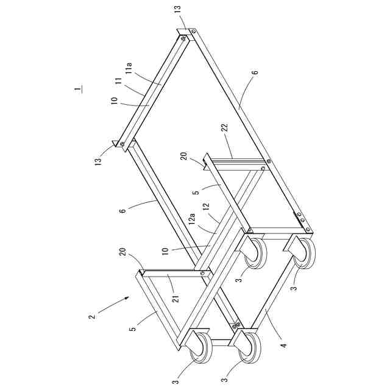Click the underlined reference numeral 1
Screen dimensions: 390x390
78,90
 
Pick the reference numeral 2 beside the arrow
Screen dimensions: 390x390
91,316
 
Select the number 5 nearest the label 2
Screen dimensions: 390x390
133,328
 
